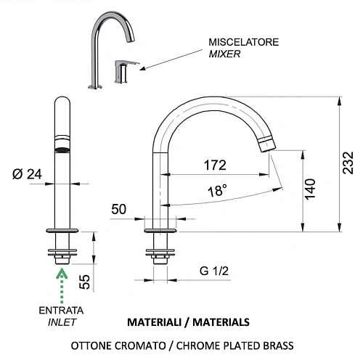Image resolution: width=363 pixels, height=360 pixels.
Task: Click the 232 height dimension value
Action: click(348, 163)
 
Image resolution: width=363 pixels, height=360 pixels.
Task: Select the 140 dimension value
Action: click(310, 189)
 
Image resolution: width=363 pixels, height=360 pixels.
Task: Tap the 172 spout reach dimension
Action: click(215, 165)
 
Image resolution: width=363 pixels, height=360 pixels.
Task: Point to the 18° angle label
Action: click(217, 190)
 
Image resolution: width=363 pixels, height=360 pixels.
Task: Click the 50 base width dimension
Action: click(118, 209)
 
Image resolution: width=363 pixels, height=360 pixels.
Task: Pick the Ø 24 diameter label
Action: click(27, 174)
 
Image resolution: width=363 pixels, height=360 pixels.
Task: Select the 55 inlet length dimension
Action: click(84, 282)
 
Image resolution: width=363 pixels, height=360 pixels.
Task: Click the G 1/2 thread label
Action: click(214, 271)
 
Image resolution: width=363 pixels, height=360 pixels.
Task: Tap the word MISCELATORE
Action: click(243, 42)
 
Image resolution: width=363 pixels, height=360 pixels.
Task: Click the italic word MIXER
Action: click(224, 54)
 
